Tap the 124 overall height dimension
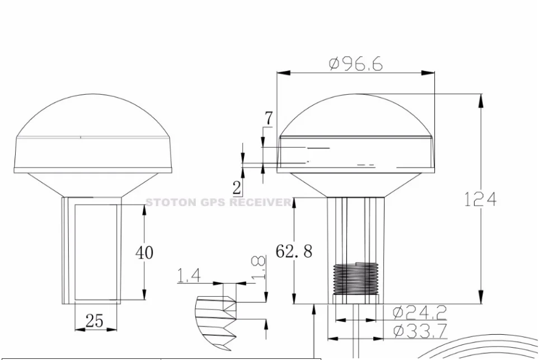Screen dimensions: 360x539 click(x=480, y=199)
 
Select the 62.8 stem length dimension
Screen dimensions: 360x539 click(x=294, y=251)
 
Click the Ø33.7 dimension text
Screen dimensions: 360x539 click(x=419, y=331)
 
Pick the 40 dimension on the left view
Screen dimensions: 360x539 click(x=144, y=252)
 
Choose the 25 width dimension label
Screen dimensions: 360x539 click(x=95, y=320)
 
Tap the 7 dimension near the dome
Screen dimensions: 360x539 click(x=269, y=119)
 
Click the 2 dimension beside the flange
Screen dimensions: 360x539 click(x=237, y=188)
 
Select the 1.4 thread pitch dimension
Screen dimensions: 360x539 click(x=189, y=275)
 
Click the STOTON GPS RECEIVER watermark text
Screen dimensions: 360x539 click(x=219, y=202)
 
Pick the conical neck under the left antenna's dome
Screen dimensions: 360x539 click(x=92, y=184)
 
